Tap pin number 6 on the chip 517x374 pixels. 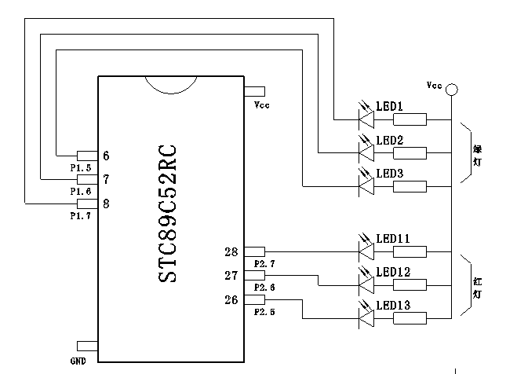(x=106, y=156)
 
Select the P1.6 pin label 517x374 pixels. (x=81, y=191)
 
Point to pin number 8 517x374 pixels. (x=106, y=203)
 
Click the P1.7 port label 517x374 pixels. (x=81, y=214)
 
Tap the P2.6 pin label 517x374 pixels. (x=264, y=288)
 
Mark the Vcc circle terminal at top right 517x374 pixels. (x=452, y=91)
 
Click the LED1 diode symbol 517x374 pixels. (x=366, y=119)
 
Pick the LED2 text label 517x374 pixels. (x=390, y=140)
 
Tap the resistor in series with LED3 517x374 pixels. (x=410, y=185)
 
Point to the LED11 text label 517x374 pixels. (x=393, y=238)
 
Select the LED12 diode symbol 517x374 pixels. (x=366, y=285)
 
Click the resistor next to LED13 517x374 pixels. (x=410, y=317)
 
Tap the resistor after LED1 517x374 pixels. (x=410, y=119)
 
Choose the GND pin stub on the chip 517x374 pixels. (x=86, y=346)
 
